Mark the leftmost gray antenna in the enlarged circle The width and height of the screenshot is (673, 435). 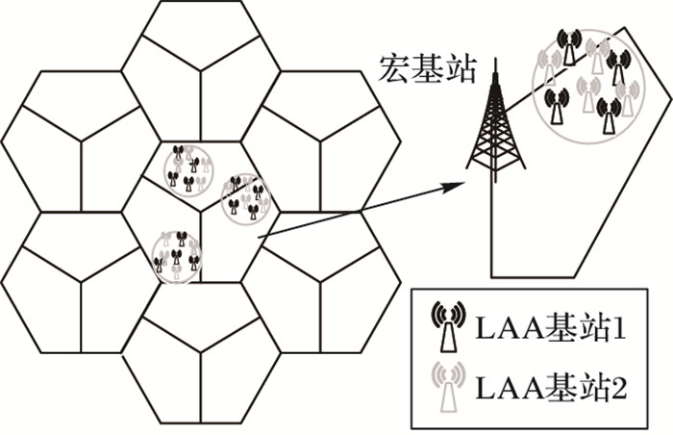[551, 67]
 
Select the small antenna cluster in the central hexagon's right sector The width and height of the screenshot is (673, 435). [246, 198]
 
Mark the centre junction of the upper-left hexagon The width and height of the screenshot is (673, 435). [81, 141]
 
